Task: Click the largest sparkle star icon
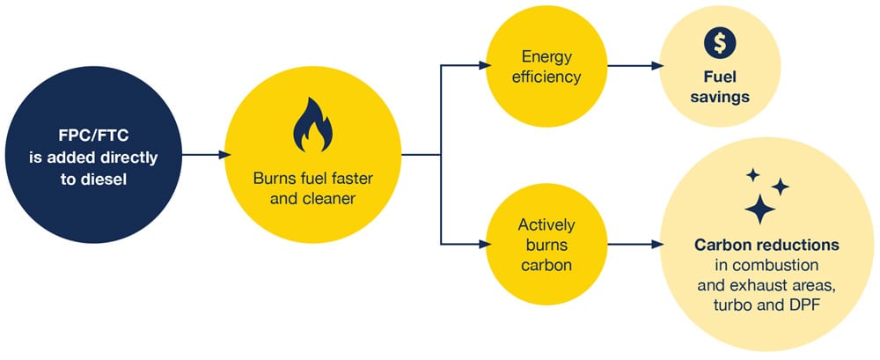[x=759, y=209]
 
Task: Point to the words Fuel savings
[x=720, y=86]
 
